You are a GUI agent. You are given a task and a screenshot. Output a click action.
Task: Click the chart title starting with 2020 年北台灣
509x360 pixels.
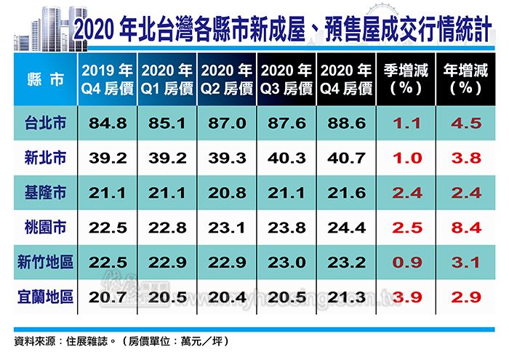coord(288,30)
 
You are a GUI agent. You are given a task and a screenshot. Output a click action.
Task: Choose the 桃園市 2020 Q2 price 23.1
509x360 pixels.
coord(226,228)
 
